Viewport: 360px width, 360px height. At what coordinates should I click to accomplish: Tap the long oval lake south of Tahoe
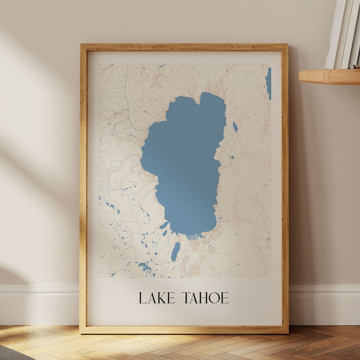click(175, 251)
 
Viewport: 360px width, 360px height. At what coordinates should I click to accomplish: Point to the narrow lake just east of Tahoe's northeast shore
click(235, 127)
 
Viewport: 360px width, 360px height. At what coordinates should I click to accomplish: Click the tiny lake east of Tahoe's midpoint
click(232, 157)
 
